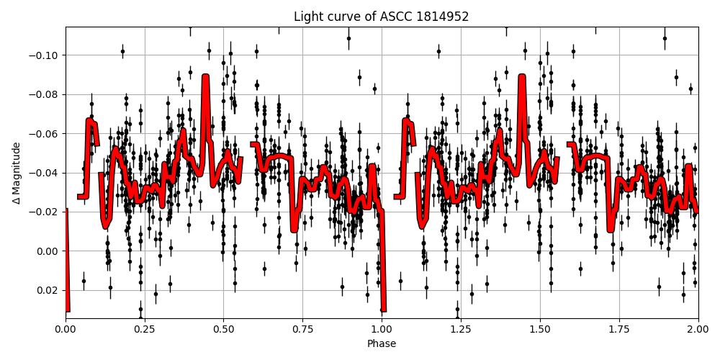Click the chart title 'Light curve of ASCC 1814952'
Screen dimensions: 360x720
click(381, 17)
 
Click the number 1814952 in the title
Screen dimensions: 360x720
click(442, 17)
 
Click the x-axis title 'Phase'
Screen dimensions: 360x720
click(381, 344)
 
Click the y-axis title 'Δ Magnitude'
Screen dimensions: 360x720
click(16, 173)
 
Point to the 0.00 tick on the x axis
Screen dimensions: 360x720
click(66, 330)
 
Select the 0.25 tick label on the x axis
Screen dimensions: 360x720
click(145, 330)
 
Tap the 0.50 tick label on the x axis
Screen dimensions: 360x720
click(223, 330)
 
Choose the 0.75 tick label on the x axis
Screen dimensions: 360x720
click(302, 330)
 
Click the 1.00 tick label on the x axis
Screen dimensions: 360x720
click(382, 330)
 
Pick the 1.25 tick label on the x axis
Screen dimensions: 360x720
click(461, 330)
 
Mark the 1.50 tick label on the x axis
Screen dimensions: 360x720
click(540, 330)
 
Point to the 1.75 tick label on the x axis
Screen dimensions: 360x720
click(619, 330)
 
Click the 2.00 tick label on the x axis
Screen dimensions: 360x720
click(698, 330)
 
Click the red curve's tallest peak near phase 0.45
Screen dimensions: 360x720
click(206, 76)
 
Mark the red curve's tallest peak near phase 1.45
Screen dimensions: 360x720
click(522, 76)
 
